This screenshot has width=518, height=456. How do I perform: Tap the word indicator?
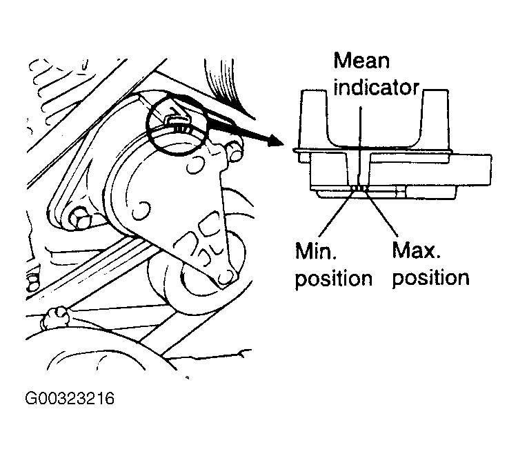click(377, 88)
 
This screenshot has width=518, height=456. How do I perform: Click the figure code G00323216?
click(69, 399)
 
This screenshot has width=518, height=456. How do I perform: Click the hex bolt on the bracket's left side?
click(78, 219)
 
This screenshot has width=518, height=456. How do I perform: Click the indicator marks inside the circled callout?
click(180, 126)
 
